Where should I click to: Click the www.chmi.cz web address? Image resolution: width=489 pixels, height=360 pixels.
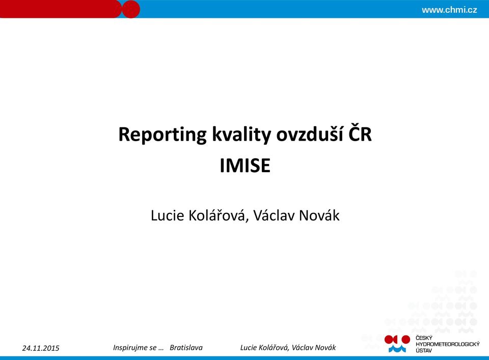(449, 10)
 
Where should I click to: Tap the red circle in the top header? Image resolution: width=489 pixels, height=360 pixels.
(130, 9)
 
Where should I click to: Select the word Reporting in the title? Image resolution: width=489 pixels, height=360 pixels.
(162, 135)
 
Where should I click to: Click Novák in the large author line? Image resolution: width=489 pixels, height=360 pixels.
(319, 215)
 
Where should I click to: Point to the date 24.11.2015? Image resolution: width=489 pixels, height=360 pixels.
(41, 348)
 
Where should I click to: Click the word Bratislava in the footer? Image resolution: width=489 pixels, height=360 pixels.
(186, 348)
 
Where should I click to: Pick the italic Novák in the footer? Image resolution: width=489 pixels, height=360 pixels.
(325, 348)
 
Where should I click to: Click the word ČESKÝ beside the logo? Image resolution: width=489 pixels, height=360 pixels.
(424, 338)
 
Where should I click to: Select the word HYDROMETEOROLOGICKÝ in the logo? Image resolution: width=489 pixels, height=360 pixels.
(448, 344)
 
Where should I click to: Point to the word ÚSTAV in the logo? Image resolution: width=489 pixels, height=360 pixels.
(424, 350)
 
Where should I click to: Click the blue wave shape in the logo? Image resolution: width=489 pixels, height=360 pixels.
(397, 348)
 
